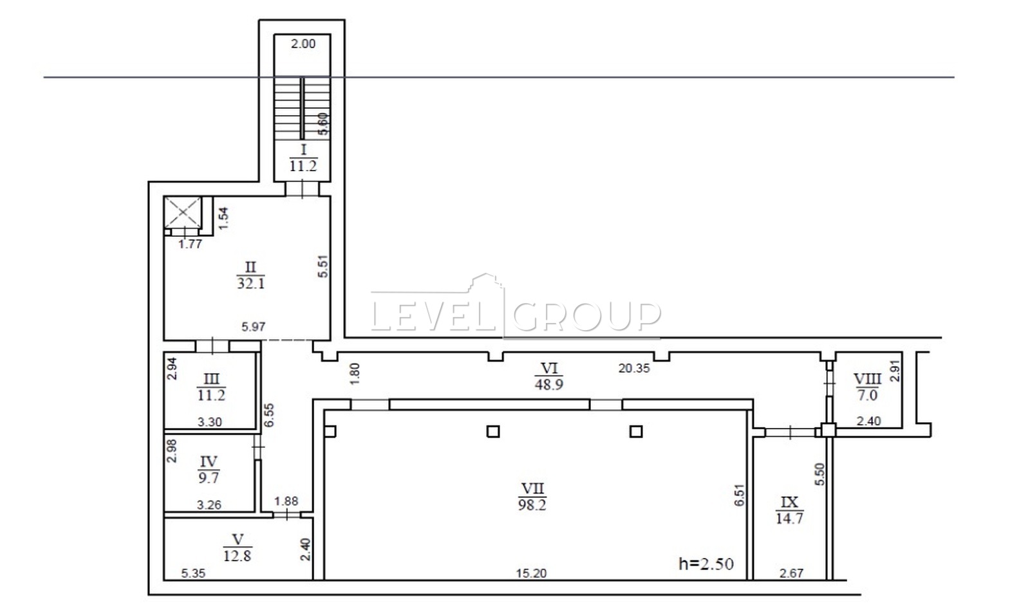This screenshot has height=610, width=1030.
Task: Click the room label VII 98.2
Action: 532,497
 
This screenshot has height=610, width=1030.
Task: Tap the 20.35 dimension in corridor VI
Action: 634,368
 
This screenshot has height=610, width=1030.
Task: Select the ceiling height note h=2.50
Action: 706,564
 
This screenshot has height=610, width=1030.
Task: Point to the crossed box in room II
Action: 183,212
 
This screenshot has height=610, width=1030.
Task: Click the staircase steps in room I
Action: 302,108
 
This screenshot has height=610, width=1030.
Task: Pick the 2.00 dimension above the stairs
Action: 303,44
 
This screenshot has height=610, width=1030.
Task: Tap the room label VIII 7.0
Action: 867,387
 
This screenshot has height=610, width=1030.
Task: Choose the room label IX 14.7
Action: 789,510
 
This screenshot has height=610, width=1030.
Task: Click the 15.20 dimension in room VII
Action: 531,573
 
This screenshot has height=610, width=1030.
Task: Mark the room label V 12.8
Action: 238,548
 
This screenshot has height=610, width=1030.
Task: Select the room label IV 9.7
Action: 209,469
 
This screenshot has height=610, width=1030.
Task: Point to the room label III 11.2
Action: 211,387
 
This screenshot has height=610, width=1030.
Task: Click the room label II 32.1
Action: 250,275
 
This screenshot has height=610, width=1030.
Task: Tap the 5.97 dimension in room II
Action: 254,327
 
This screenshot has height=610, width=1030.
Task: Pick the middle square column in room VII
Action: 493,432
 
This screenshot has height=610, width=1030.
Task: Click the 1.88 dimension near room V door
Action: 286,501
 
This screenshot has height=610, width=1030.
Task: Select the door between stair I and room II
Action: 302,189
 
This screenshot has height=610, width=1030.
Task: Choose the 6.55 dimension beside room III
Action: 269,415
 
